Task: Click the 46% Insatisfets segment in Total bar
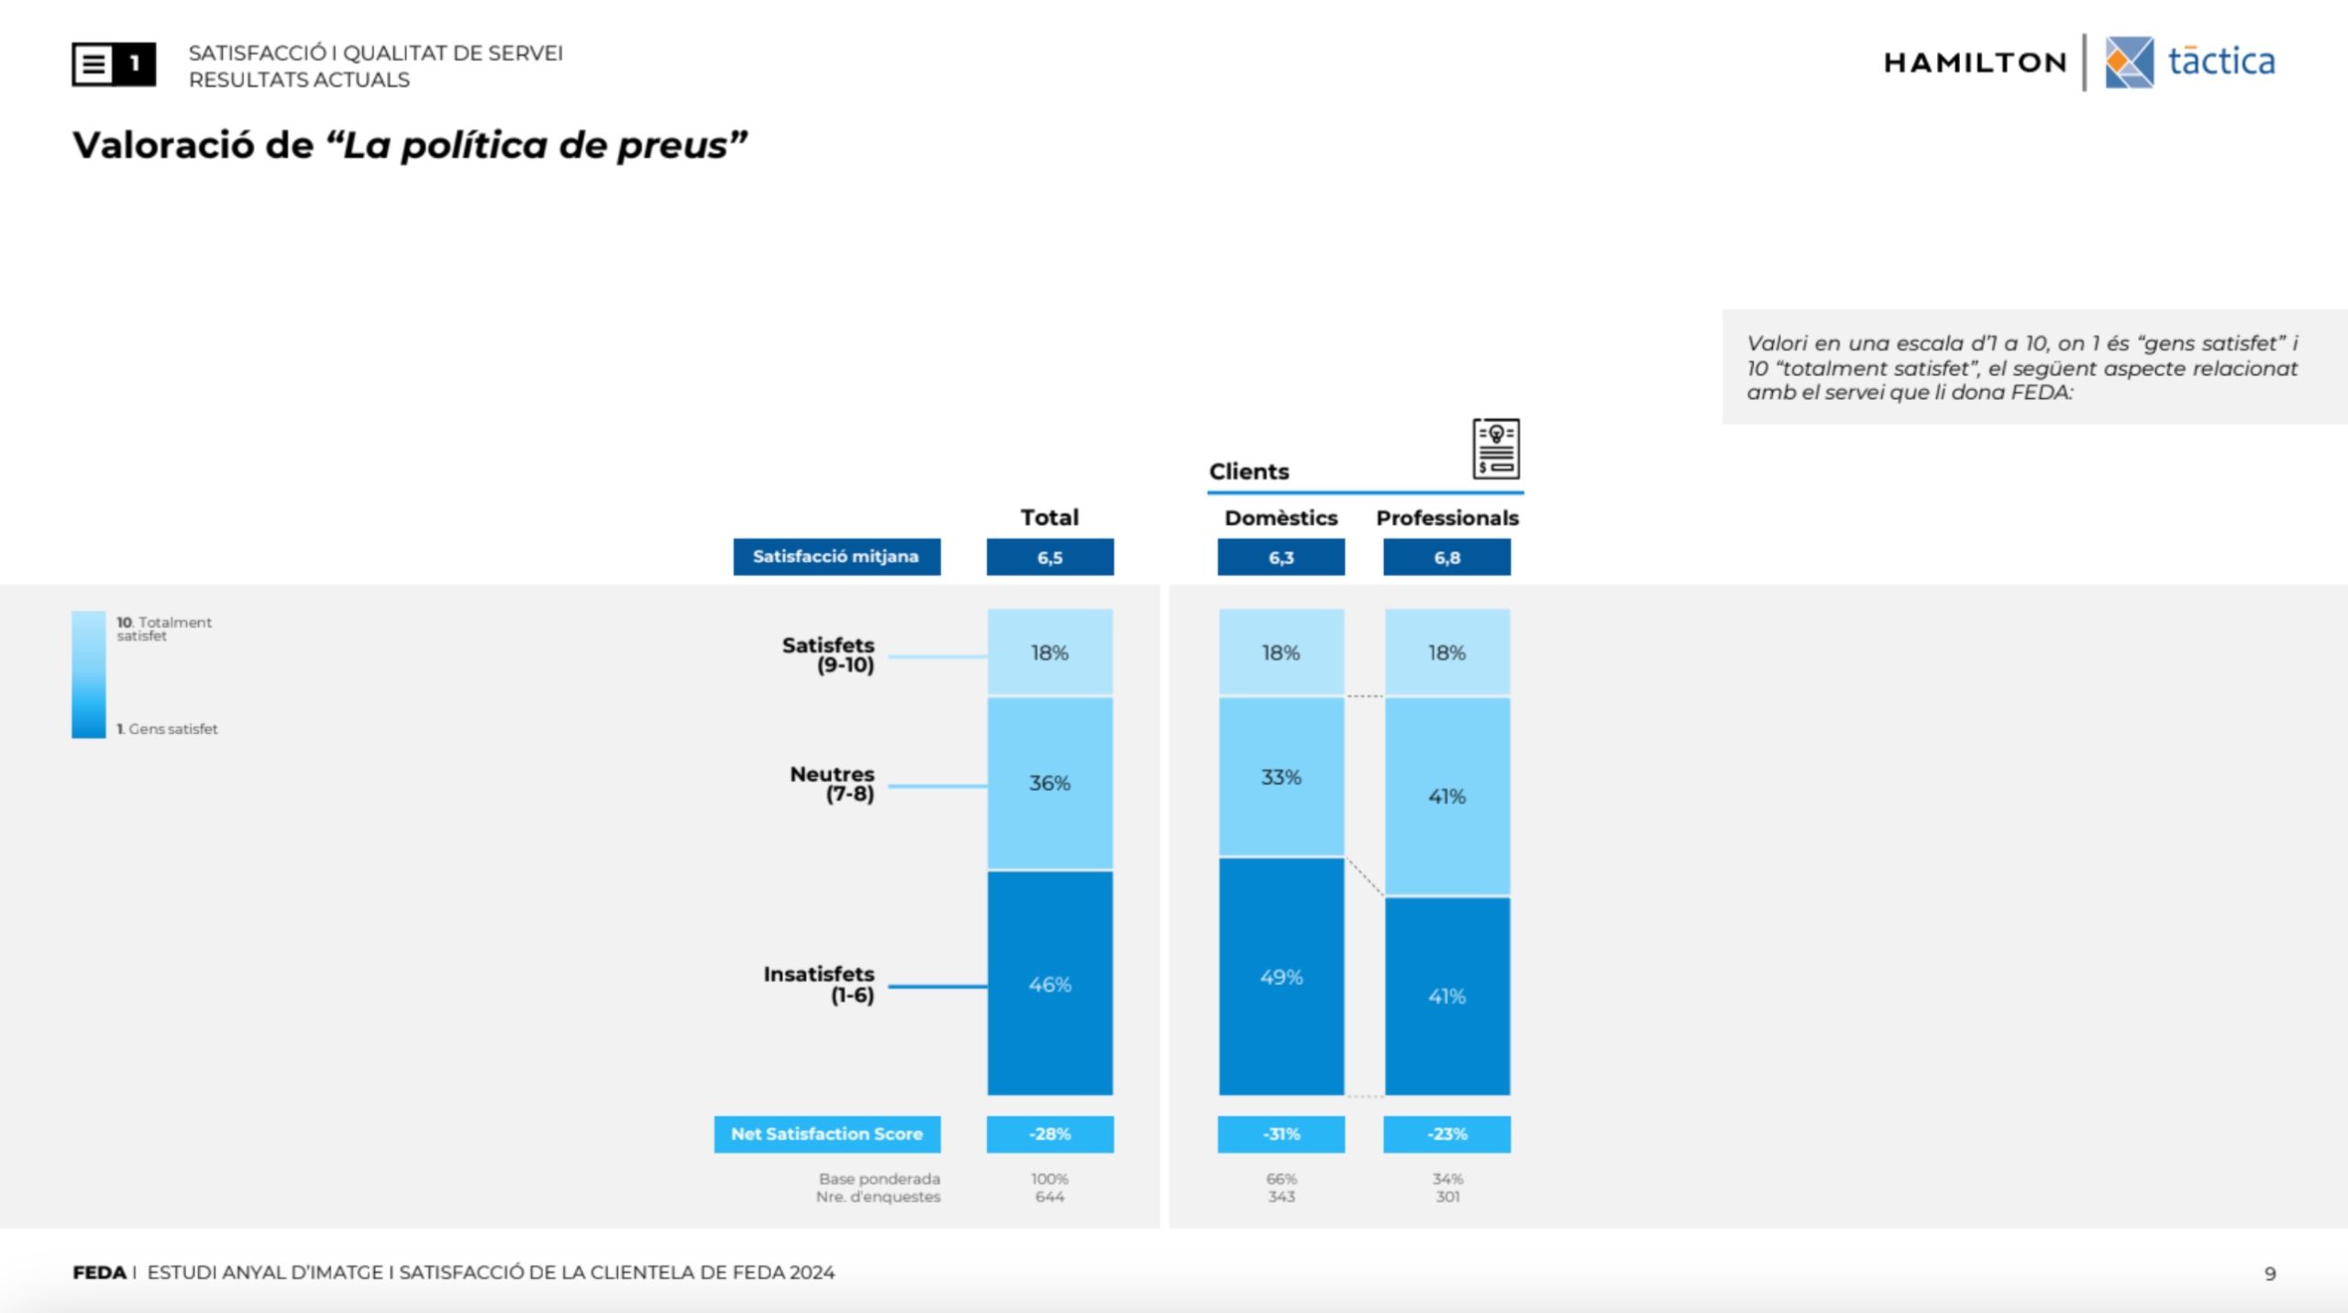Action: (x=1050, y=983)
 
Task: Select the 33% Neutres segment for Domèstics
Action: (x=1281, y=776)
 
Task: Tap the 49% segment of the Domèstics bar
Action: (x=1281, y=976)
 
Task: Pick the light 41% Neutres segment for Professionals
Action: (x=1447, y=796)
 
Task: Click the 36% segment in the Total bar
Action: (x=1050, y=783)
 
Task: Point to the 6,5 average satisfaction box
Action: (x=1050, y=557)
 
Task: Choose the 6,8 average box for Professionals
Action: (x=1447, y=557)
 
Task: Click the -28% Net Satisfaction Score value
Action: (x=1050, y=1134)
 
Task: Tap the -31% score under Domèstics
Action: (x=1281, y=1134)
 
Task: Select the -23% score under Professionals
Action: (x=1447, y=1134)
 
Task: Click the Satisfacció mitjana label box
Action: (x=836, y=557)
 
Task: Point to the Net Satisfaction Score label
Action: (x=827, y=1134)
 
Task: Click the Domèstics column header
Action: (x=1281, y=517)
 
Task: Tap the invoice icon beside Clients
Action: (x=1496, y=449)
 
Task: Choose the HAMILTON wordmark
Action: (x=1976, y=62)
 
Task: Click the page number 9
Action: (x=2270, y=1274)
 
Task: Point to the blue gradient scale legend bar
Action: (x=89, y=674)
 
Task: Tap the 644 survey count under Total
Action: (x=1050, y=1196)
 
